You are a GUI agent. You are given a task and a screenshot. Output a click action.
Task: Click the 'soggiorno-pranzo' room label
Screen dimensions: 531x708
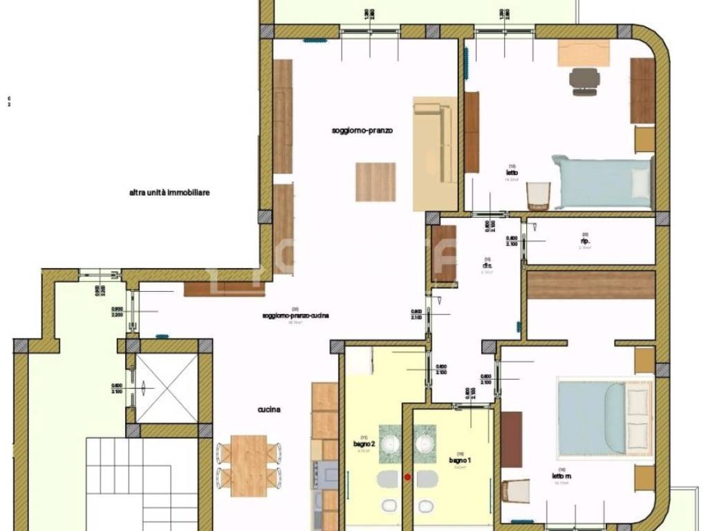pyautogui.click(x=362, y=130)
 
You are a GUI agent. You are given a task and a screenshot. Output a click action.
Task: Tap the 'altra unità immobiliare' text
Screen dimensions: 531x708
pyautogui.click(x=169, y=193)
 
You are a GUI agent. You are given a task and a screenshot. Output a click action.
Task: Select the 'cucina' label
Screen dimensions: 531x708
pyautogui.click(x=269, y=409)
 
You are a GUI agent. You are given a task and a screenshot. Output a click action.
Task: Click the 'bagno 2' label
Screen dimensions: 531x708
pyautogui.click(x=364, y=444)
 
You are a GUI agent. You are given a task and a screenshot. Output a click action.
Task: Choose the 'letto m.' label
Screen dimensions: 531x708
pyautogui.click(x=562, y=476)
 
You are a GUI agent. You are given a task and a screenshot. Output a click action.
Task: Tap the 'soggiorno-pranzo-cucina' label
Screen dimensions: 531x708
pyautogui.click(x=295, y=316)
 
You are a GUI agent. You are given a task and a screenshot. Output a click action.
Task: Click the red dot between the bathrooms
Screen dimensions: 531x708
pyautogui.click(x=407, y=476)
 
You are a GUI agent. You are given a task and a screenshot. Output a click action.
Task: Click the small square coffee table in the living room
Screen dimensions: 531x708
pyautogui.click(x=375, y=182)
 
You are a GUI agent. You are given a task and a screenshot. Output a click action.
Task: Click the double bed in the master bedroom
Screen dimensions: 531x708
pyautogui.click(x=605, y=416)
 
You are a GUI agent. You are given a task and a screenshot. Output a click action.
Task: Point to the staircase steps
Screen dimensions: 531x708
pyautogui.click(x=128, y=477)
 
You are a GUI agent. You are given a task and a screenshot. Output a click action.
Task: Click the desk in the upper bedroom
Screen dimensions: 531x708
pyautogui.click(x=583, y=53)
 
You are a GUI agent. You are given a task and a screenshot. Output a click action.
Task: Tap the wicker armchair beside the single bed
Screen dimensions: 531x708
pyautogui.click(x=537, y=196)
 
